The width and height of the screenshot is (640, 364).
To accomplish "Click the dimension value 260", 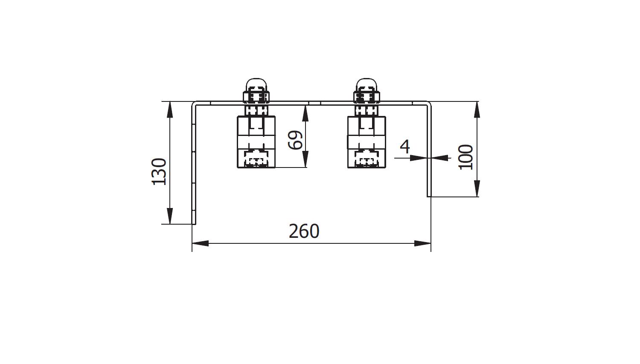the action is coord(304,231).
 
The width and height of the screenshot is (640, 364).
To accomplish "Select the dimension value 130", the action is coord(159,172).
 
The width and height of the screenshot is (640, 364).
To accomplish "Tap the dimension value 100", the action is coord(465,157).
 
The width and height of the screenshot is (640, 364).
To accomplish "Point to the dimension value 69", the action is coord(295,140).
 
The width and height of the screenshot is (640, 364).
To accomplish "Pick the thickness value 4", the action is coord(405,147).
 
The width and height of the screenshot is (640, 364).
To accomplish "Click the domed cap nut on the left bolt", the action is coord(256,85).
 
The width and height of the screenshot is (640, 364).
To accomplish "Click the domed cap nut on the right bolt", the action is coord(367,85).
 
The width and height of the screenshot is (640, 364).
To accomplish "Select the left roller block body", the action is coord(256,142).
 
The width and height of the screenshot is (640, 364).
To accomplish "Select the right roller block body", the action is coord(367,142).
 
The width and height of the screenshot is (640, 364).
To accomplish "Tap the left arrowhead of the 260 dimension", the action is coord(200,243).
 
